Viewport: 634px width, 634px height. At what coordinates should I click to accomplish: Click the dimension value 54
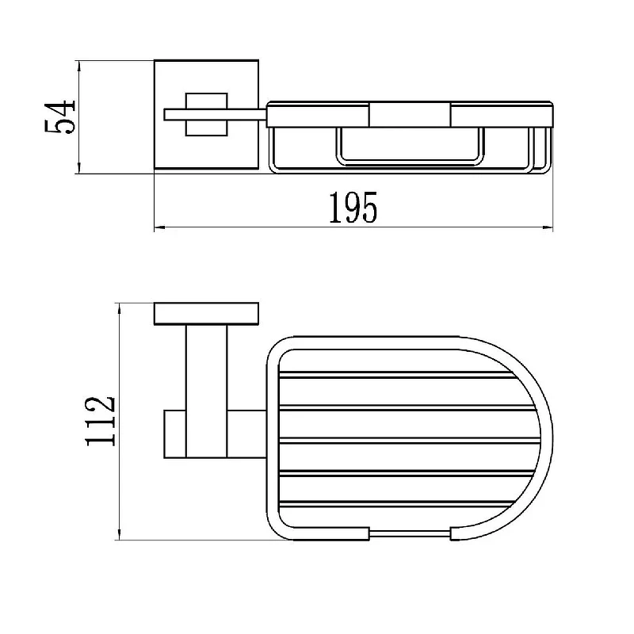[60, 117]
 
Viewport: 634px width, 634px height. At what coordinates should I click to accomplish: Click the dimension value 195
[353, 208]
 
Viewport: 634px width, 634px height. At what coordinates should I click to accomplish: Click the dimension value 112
[101, 421]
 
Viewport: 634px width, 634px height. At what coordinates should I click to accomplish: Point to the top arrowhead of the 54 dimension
[78, 66]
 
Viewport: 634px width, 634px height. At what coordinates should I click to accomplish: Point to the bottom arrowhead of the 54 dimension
[78, 169]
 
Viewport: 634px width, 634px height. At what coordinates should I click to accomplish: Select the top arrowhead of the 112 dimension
[120, 308]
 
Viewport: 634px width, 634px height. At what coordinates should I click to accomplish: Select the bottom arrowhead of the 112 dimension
[120, 534]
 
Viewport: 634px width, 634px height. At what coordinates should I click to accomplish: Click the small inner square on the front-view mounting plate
[207, 114]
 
